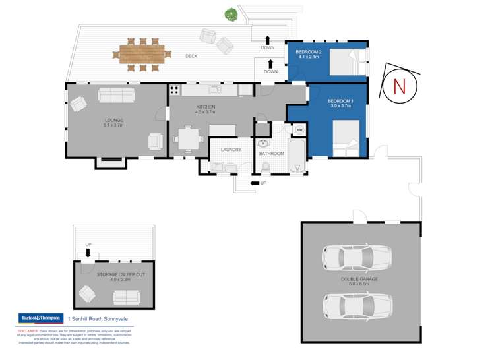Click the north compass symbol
click(x=398, y=86)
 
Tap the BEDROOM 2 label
click(x=308, y=52)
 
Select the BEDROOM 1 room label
click(x=342, y=101)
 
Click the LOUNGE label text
click(x=113, y=121)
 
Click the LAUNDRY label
click(x=230, y=150)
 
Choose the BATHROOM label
click(x=271, y=154)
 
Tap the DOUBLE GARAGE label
click(x=360, y=279)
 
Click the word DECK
click(x=191, y=57)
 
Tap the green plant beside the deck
click(x=230, y=14)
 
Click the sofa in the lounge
click(x=117, y=95)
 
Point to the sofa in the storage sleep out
click(x=126, y=297)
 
